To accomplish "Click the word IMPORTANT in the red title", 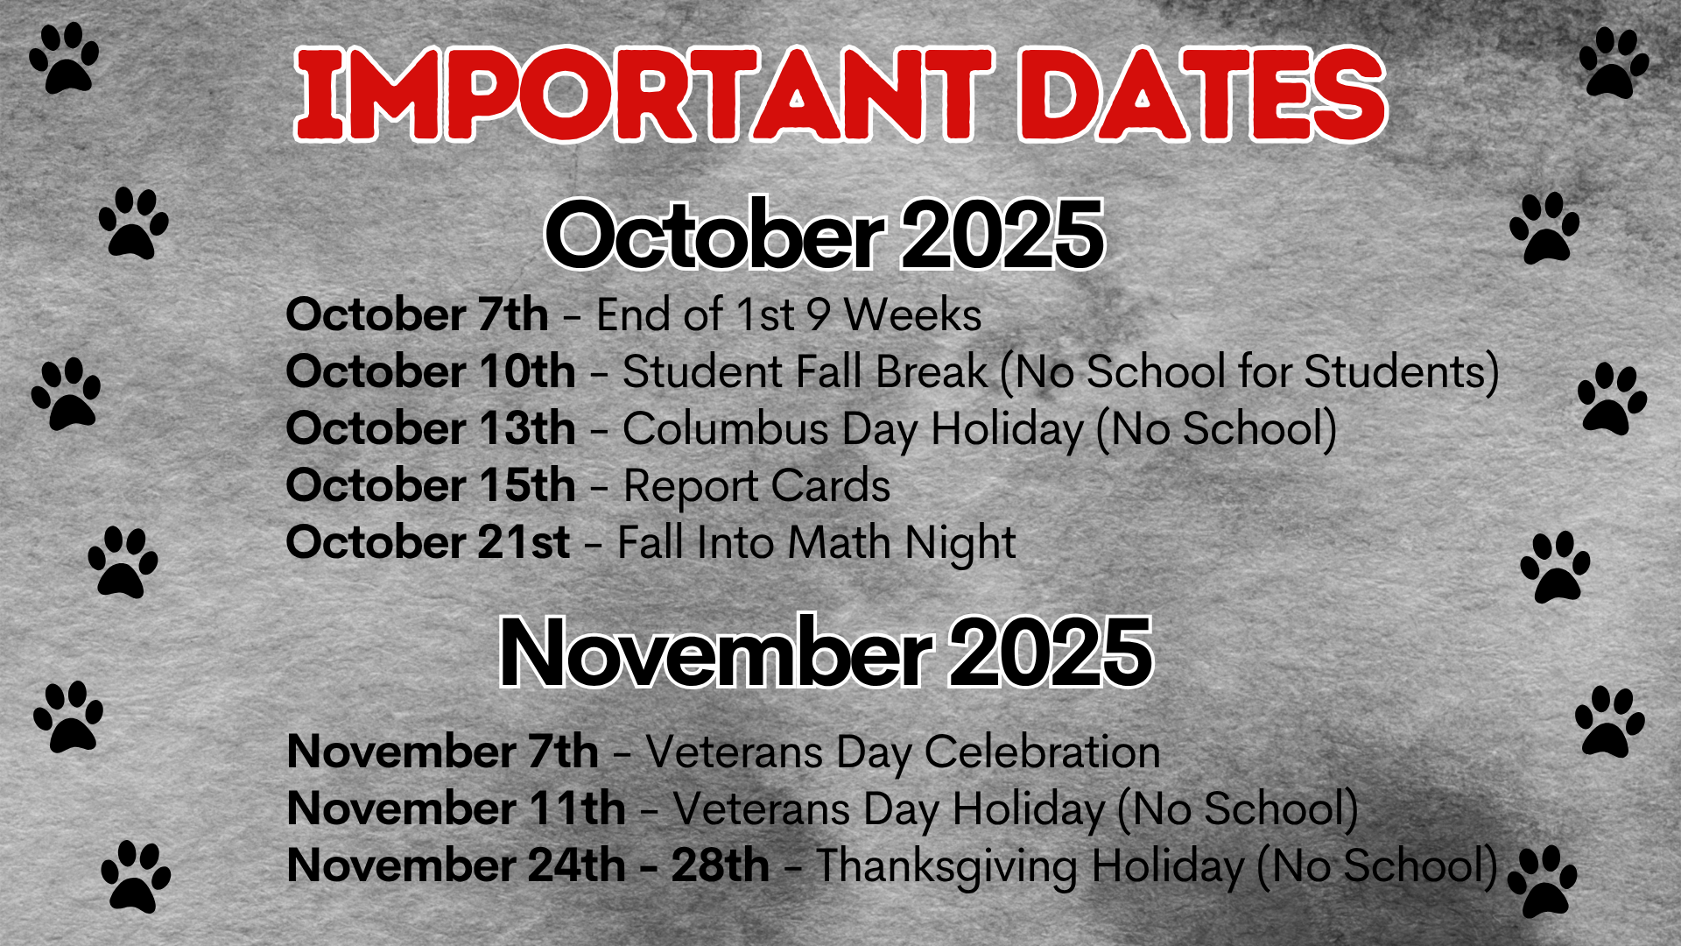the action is (644, 94).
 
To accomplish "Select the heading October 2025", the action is (824, 234).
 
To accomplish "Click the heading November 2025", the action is (825, 651).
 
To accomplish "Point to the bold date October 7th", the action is (417, 314).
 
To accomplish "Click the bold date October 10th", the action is (431, 371).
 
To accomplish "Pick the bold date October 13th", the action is (431, 427).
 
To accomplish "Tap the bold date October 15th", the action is (431, 484).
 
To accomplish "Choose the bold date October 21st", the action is (428, 541).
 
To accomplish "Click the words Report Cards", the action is (756, 486).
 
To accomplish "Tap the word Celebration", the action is (1042, 752).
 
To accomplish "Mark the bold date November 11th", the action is (456, 808).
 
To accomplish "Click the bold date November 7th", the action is (443, 751).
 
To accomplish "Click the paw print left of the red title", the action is (64, 58).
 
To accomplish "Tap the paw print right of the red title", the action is (1614, 62).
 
